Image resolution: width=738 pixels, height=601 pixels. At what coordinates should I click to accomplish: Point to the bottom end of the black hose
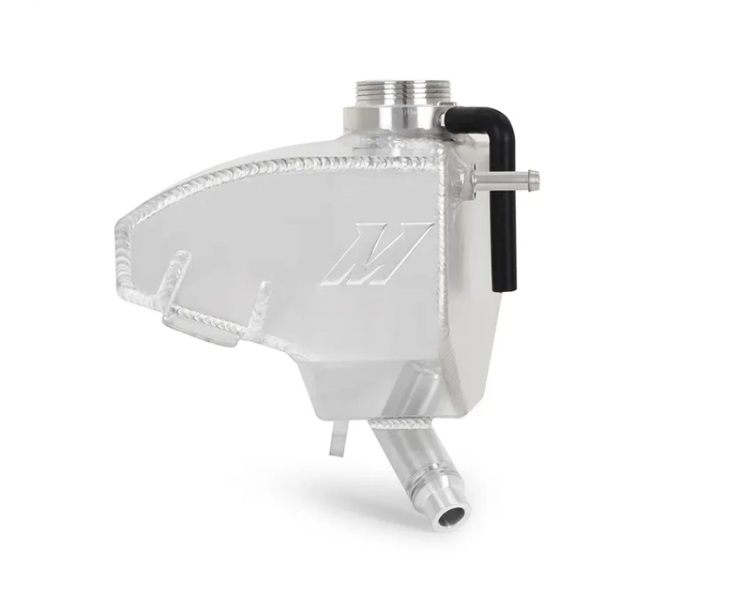tap(507, 282)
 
